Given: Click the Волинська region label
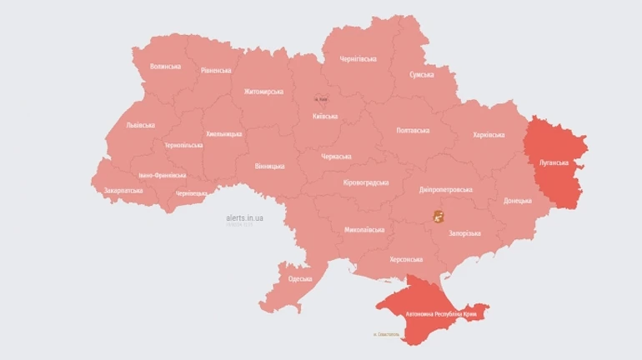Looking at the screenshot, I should (x=165, y=66).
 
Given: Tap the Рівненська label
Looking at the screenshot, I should (x=216, y=71).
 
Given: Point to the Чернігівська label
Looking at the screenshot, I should (x=359, y=59).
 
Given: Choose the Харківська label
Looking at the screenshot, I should (x=489, y=134).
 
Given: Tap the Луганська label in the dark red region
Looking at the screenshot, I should (x=554, y=162).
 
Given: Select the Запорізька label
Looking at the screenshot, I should (x=466, y=234).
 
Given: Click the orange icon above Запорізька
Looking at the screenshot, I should (x=438, y=217).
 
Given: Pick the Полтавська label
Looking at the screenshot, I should (x=413, y=131).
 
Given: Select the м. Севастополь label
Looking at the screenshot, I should (x=386, y=335).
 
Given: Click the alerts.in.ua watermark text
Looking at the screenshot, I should (x=245, y=217).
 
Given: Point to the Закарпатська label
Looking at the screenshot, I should (x=123, y=190).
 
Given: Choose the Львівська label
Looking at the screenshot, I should (x=140, y=125).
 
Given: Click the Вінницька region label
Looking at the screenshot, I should (x=269, y=166).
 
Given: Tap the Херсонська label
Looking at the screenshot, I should (x=406, y=259).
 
